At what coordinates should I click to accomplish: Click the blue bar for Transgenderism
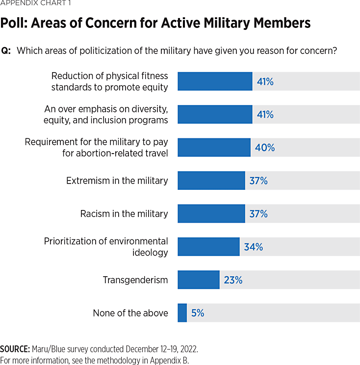point(198,280)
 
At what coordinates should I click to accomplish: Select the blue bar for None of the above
point(182,313)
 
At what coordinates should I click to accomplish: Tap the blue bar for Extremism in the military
point(211,181)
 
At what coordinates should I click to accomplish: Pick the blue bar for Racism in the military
point(211,213)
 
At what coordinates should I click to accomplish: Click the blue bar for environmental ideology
point(208,246)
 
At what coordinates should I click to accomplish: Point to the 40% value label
point(265,147)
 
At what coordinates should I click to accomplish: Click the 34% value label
point(254,247)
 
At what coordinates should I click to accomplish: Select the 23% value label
point(233,280)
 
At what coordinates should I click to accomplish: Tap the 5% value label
point(198,313)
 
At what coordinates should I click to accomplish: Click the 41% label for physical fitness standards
point(265,81)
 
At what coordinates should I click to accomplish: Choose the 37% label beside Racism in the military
point(258,214)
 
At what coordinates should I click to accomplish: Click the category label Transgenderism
point(135,280)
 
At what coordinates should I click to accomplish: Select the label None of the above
point(130,313)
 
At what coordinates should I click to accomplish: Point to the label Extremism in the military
point(117,181)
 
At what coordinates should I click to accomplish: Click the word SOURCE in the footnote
point(15,350)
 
